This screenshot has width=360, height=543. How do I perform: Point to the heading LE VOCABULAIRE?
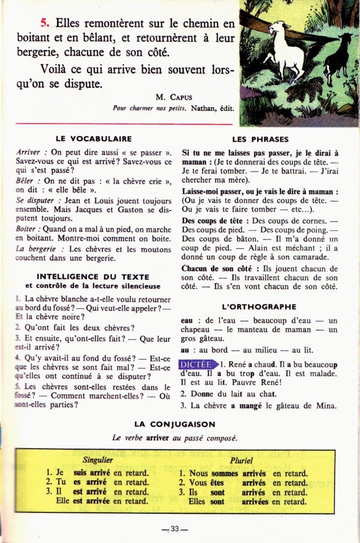pos(94,139)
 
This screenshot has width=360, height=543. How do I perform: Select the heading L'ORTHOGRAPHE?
pos(259,307)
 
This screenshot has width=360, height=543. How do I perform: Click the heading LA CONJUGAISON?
pos(174,424)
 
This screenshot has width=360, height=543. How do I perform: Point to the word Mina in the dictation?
pos(325,406)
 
